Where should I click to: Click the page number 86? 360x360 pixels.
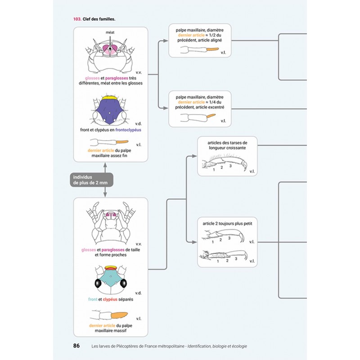click(x=76, y=346)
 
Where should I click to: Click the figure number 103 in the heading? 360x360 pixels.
click(x=77, y=19)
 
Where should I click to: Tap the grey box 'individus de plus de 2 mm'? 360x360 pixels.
click(x=91, y=180)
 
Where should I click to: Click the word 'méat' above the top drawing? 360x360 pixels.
click(x=110, y=32)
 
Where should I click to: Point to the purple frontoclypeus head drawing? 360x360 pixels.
click(x=110, y=110)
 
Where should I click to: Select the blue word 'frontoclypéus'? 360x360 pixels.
click(x=128, y=130)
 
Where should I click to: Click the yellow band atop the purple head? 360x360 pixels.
click(x=110, y=98)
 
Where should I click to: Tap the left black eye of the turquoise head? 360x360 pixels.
click(x=98, y=284)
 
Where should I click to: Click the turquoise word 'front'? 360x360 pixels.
click(x=93, y=299)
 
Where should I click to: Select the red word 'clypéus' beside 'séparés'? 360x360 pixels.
click(x=110, y=299)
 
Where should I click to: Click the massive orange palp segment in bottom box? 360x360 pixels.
click(x=119, y=315)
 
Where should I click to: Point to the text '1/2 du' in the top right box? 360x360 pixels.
click(x=215, y=35)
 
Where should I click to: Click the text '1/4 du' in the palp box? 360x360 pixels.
click(x=215, y=102)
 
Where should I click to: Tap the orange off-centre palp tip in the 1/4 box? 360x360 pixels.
click(x=211, y=116)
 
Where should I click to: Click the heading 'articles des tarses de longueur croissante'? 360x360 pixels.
click(x=227, y=145)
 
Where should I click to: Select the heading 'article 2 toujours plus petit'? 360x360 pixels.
click(x=227, y=223)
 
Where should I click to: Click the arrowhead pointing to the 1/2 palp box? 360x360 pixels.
click(x=166, y=40)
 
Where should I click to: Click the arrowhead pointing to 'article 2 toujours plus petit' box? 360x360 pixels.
click(x=194, y=242)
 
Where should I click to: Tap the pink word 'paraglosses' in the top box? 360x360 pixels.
click(x=117, y=78)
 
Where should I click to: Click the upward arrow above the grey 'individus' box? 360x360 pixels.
click(x=105, y=167)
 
